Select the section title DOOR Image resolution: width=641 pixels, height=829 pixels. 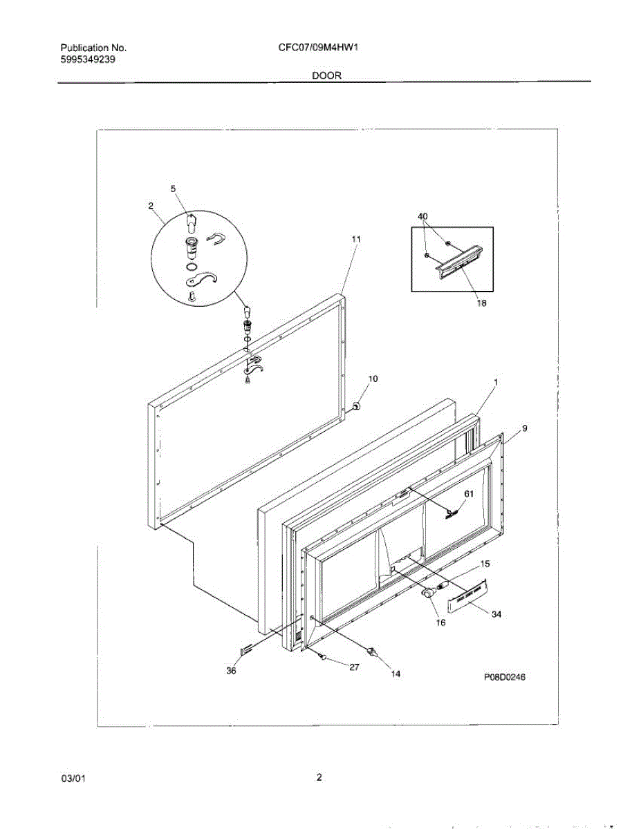[x=326, y=76]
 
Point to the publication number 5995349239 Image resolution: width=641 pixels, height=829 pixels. [x=87, y=59]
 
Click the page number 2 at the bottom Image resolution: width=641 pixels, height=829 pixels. [x=319, y=777]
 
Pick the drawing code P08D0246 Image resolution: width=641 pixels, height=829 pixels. [x=505, y=678]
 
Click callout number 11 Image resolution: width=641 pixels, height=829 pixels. [x=355, y=239]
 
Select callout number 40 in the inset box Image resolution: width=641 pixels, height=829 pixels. [x=423, y=216]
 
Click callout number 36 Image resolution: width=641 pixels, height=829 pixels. [x=232, y=670]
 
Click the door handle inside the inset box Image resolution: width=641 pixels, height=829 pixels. [x=458, y=261]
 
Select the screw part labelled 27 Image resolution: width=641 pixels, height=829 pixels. [x=322, y=656]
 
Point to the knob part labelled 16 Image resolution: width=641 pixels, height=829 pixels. [x=429, y=592]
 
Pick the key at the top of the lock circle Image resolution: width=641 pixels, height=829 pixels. [x=192, y=222]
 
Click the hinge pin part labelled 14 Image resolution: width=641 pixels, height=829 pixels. [x=373, y=651]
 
